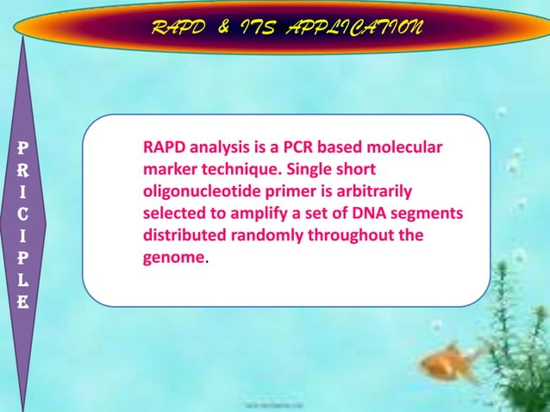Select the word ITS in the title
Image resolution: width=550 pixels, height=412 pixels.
point(262,29)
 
